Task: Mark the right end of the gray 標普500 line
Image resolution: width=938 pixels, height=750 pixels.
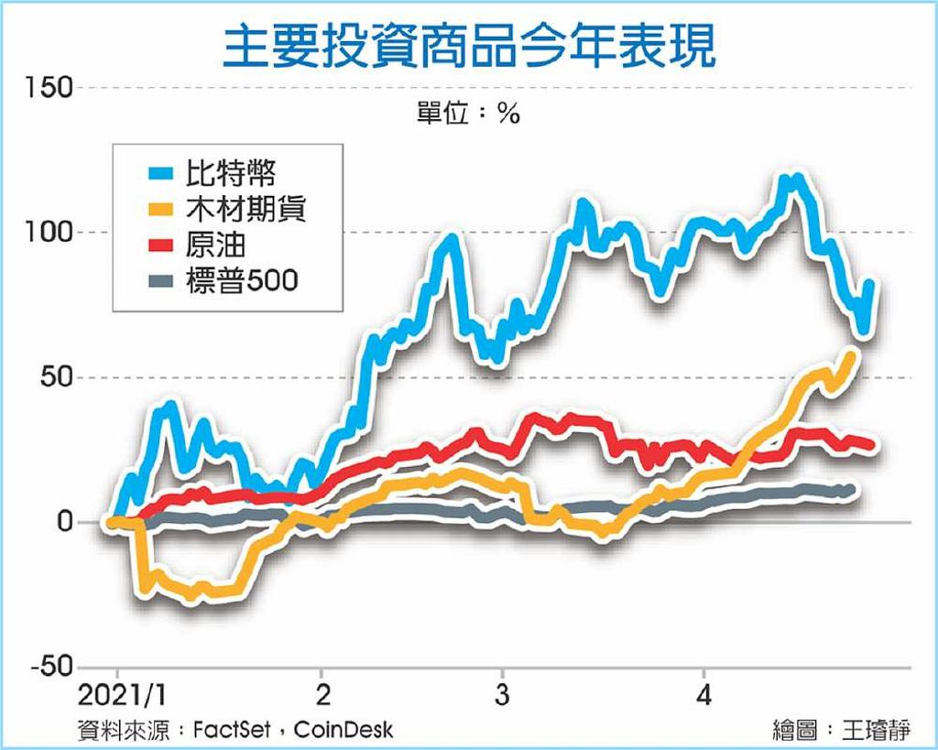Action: pyautogui.click(x=852, y=490)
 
